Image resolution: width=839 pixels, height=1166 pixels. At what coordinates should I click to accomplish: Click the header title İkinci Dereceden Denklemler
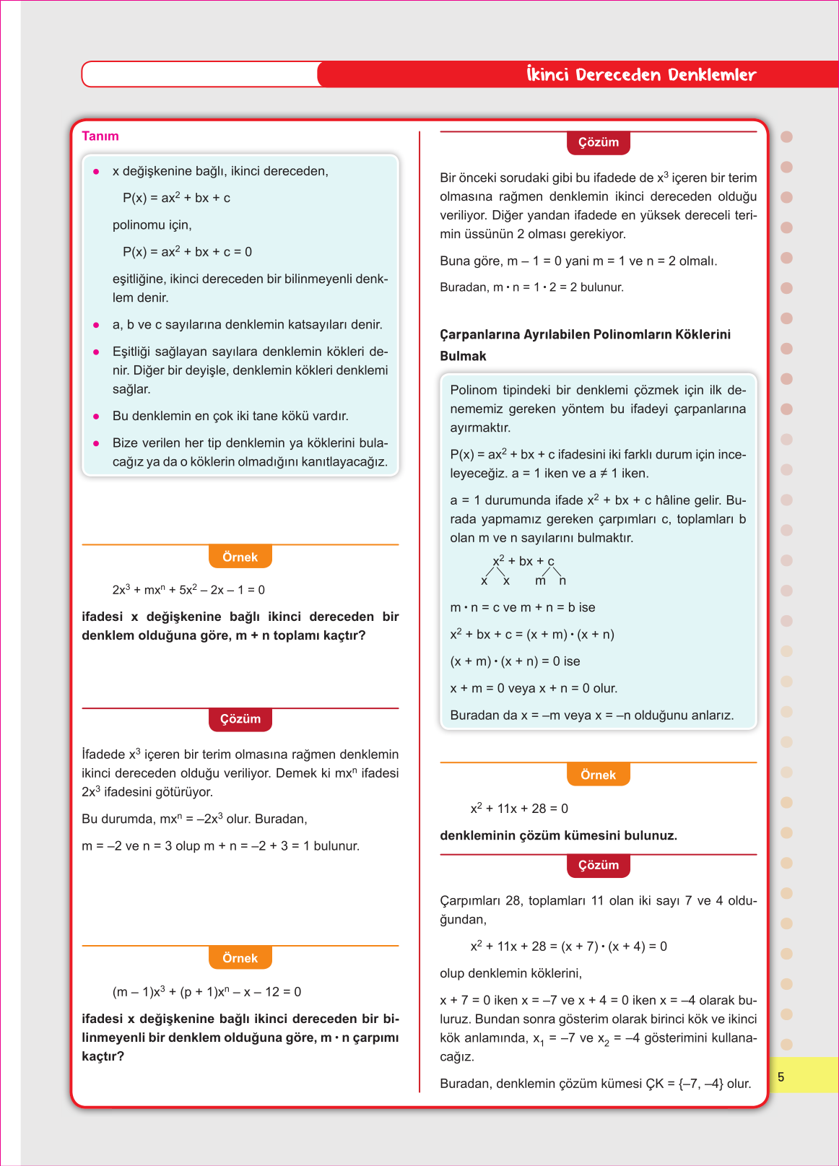point(641,74)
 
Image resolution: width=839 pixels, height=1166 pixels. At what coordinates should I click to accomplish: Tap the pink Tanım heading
point(100,136)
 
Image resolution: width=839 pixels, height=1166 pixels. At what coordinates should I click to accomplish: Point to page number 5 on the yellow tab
point(781,1076)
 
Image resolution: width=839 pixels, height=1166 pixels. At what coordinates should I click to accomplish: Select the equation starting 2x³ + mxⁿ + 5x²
point(188,590)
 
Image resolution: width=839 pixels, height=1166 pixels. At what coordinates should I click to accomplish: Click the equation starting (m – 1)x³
point(207,992)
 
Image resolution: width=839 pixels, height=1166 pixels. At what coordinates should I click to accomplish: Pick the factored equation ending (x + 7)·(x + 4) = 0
point(568,946)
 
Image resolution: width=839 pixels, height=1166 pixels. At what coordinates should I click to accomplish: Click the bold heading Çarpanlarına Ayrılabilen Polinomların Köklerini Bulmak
point(585,344)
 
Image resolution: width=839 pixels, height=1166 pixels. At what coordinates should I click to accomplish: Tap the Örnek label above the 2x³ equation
point(240,557)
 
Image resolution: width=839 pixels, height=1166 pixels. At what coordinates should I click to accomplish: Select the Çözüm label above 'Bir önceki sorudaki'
point(599,142)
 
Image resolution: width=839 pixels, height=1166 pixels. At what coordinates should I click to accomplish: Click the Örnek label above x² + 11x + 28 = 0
point(598,775)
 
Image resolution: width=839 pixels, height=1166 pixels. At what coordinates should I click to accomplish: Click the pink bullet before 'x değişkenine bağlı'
point(96,172)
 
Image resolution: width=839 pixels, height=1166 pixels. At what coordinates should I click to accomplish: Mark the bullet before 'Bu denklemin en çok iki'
point(96,417)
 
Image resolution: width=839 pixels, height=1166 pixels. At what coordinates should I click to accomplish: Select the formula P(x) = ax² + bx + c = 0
point(187,252)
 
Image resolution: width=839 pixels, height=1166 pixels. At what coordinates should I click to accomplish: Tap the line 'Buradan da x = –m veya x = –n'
point(591,715)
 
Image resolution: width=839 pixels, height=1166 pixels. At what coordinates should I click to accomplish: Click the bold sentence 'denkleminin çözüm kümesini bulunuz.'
point(558,835)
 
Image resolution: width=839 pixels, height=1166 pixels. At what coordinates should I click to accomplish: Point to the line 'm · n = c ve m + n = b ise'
point(522,607)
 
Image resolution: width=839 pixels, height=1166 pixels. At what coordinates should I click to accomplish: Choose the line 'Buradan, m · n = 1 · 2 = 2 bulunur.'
point(531,287)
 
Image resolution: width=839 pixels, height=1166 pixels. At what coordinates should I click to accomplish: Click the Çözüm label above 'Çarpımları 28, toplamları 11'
point(599,865)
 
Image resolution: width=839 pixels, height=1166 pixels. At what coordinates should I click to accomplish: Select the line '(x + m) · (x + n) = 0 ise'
point(515,661)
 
